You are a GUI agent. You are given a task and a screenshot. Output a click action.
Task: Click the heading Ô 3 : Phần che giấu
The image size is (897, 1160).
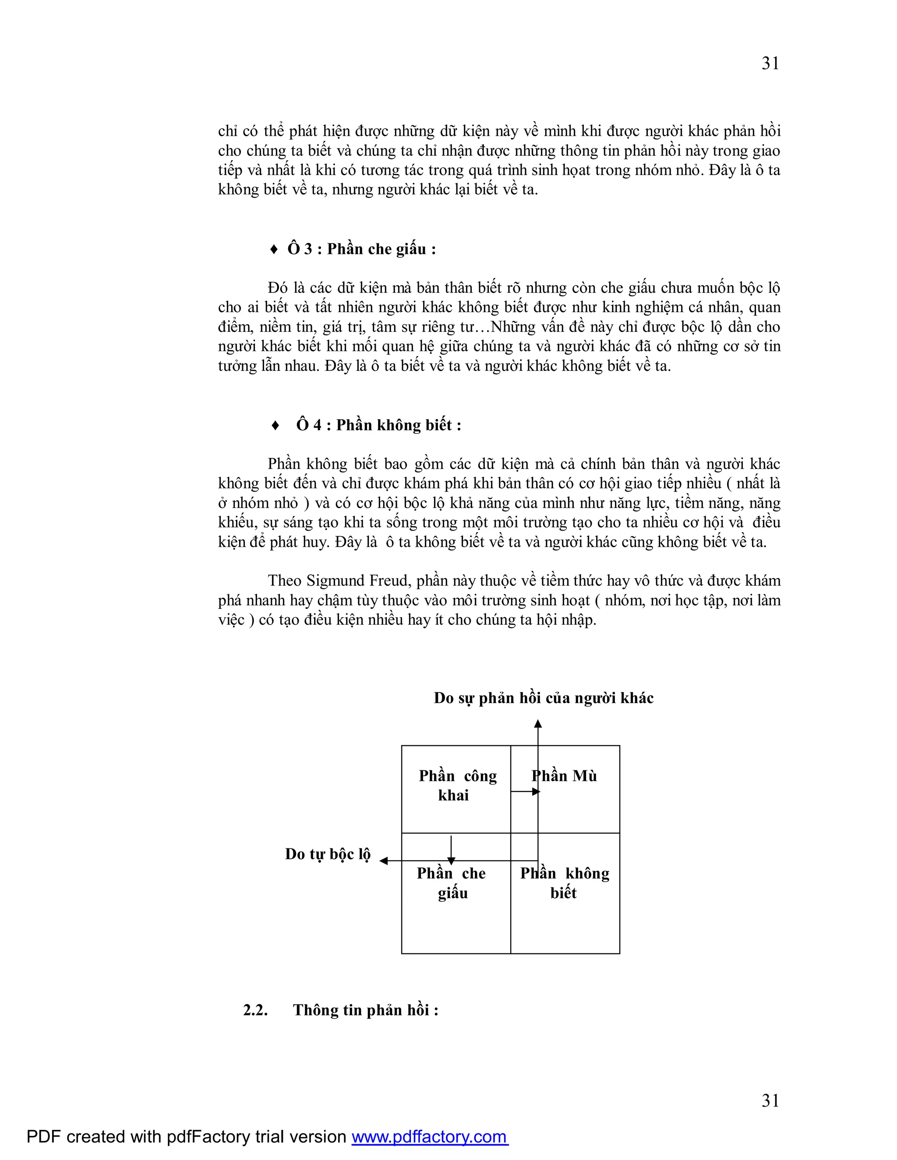coord(361,249)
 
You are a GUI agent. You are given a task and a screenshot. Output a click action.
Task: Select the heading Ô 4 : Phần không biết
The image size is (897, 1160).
coord(378,425)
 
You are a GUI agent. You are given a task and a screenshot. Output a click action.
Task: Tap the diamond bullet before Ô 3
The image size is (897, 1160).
coord(274,250)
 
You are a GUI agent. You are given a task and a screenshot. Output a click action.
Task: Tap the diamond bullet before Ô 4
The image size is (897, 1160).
coord(275,425)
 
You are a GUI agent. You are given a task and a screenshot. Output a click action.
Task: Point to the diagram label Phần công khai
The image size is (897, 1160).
coord(457,786)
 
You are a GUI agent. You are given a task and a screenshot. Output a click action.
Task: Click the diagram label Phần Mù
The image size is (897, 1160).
coord(564,776)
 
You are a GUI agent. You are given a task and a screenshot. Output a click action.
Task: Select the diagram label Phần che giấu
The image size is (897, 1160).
coord(451,883)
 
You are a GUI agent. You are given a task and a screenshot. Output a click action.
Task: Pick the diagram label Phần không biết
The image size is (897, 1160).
coord(564,883)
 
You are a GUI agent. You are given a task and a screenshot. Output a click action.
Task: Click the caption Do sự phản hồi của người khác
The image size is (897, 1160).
coord(543,698)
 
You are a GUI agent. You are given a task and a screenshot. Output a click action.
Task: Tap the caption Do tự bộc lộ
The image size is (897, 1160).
coord(327,854)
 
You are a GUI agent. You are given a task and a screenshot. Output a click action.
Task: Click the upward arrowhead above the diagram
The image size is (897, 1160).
coord(538,724)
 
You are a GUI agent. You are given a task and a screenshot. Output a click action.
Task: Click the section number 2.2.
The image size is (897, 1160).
coord(255,1010)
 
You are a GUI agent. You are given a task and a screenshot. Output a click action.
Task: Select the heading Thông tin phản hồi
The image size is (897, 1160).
coord(366,1010)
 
